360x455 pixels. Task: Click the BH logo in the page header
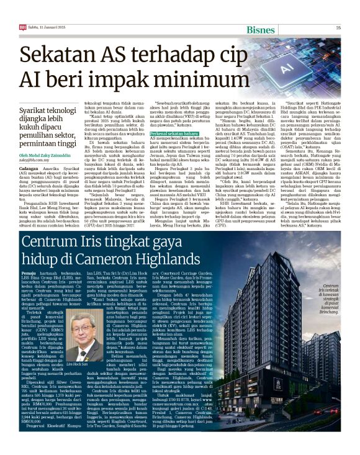pyautogui.click(x=23, y=27)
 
